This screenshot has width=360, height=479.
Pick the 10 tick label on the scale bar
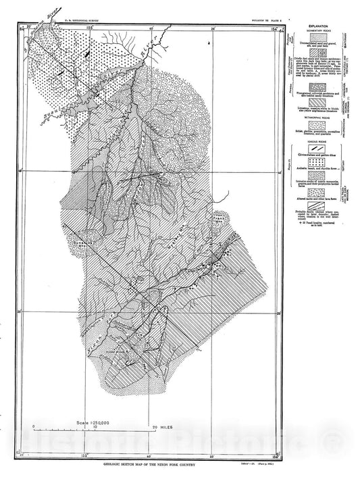pyautogui.click(x=95, y=427)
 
